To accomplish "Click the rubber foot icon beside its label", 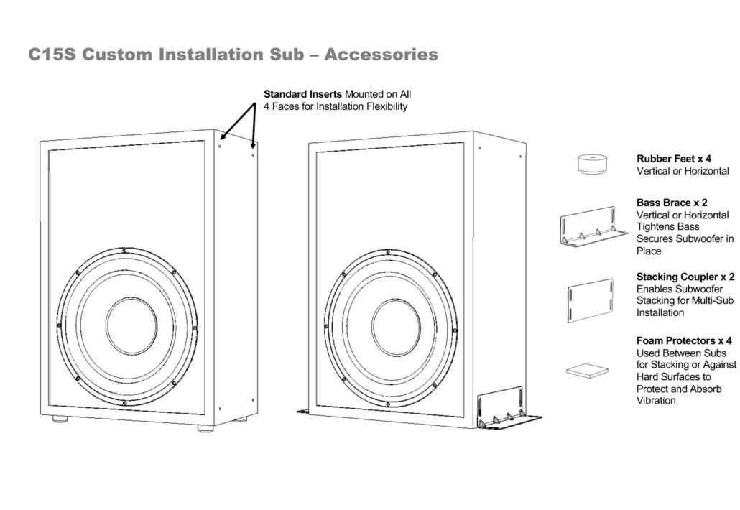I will [593, 164].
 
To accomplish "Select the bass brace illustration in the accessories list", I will [592, 228].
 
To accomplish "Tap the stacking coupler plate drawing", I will [591, 300].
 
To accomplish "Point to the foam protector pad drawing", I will [587, 371].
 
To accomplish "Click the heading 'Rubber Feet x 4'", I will [673, 159].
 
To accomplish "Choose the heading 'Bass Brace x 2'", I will [672, 203].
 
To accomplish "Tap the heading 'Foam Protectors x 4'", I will [684, 340].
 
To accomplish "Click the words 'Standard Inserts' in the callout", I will [302, 94].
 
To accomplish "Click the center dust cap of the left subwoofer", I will [131, 325].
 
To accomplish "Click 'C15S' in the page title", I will [52, 55].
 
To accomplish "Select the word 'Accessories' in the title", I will [381, 55].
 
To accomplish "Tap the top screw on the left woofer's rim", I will [125, 250].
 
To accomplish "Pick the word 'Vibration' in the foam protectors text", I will [656, 401].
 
